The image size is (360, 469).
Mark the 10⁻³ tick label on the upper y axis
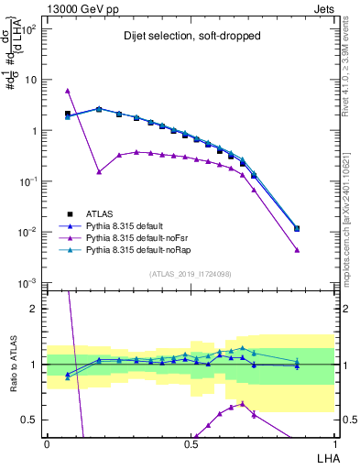pos(29,282)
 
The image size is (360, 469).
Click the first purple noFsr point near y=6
pos(68,91)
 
